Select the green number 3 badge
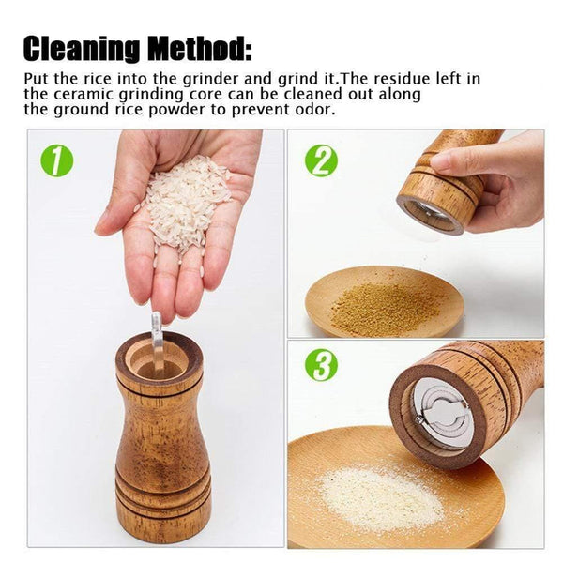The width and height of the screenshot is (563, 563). (x=321, y=365)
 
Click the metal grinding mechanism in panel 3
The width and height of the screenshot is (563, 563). (x=442, y=412)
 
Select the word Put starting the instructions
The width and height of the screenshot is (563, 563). (x=38, y=79)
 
